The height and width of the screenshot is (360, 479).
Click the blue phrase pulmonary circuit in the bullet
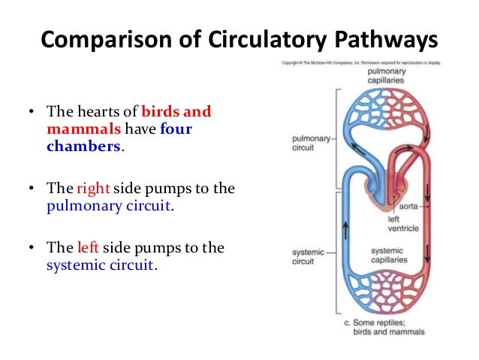click(x=110, y=204)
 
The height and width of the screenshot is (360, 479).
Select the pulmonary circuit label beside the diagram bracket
click(x=308, y=143)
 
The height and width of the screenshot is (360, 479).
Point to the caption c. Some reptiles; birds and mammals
click(x=384, y=328)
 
